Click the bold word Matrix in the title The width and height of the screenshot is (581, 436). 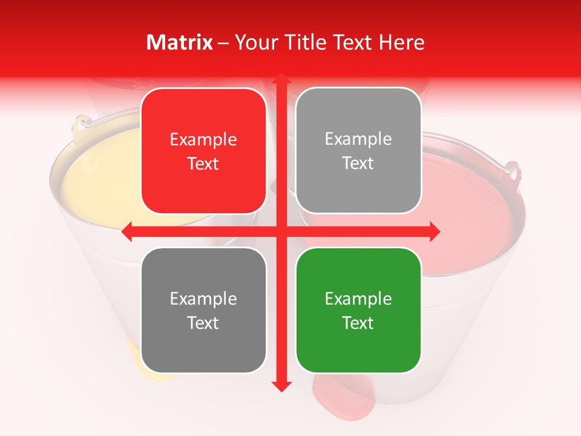[179, 42]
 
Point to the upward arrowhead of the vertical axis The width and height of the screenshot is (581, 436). [281, 80]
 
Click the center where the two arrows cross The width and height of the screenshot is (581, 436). [281, 231]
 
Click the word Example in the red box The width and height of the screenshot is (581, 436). [203, 139]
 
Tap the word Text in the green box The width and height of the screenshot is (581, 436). [358, 323]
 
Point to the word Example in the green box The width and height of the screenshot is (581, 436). [358, 299]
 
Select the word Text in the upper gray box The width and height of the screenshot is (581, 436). [358, 163]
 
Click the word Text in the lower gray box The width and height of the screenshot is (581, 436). [203, 323]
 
